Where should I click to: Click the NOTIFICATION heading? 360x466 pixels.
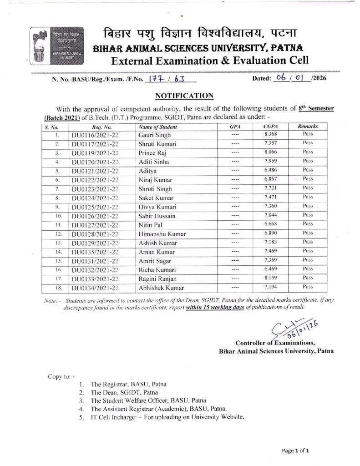(185, 96)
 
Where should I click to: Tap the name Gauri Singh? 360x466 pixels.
(153, 135)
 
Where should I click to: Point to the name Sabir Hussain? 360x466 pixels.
(157, 214)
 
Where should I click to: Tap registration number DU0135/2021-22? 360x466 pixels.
(95, 251)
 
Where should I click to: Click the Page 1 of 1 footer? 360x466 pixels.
(295, 451)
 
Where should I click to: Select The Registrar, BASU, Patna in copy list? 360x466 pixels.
(123, 384)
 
